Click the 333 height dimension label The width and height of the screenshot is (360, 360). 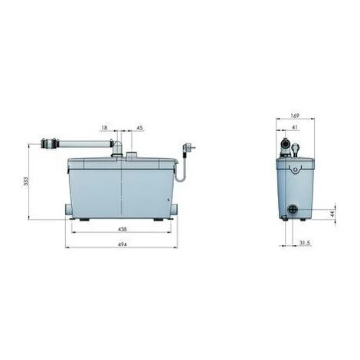click(x=26, y=181)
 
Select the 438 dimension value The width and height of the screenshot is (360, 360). click(x=123, y=229)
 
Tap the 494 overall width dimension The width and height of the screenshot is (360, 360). click(x=123, y=244)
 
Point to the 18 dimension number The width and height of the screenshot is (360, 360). click(x=104, y=127)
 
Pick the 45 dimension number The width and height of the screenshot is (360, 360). click(x=140, y=128)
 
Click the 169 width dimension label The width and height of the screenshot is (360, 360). click(x=295, y=116)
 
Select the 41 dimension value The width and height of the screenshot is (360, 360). click(x=294, y=127)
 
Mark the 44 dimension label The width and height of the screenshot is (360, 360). click(x=332, y=214)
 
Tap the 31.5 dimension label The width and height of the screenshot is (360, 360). click(x=304, y=243)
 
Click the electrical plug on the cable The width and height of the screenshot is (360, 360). click(x=189, y=148)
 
